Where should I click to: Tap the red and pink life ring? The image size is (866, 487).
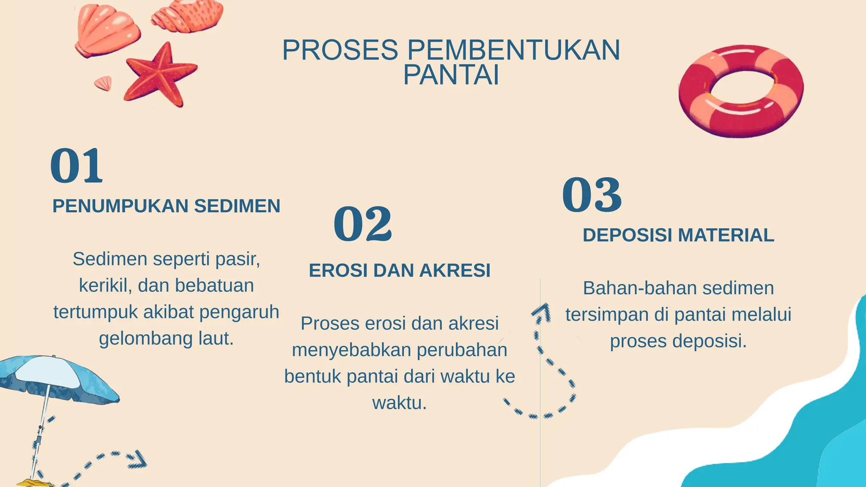[741, 91]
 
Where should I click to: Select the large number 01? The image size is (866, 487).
[77, 166]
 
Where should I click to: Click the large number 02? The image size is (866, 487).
[363, 224]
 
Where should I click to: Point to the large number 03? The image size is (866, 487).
[592, 195]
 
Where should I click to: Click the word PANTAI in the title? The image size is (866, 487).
[451, 75]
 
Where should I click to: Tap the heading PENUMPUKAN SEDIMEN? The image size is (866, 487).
[166, 206]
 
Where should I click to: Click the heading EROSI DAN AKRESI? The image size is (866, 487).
[400, 271]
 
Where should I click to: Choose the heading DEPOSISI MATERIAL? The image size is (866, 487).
[678, 235]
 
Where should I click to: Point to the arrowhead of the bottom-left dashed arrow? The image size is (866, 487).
[138, 460]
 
